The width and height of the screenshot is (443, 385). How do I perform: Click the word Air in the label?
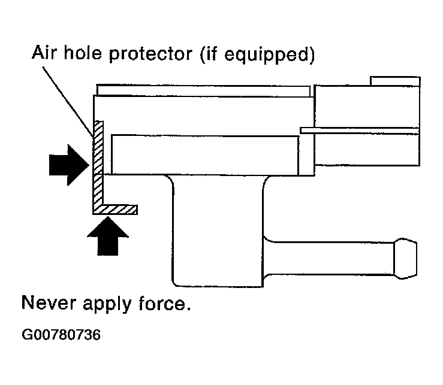45,56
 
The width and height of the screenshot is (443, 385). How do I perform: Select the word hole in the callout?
86,56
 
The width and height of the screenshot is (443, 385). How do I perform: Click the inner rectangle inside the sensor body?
204,154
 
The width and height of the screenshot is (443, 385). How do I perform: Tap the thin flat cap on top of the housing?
204,90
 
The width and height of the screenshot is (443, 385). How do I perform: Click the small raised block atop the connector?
394,81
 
